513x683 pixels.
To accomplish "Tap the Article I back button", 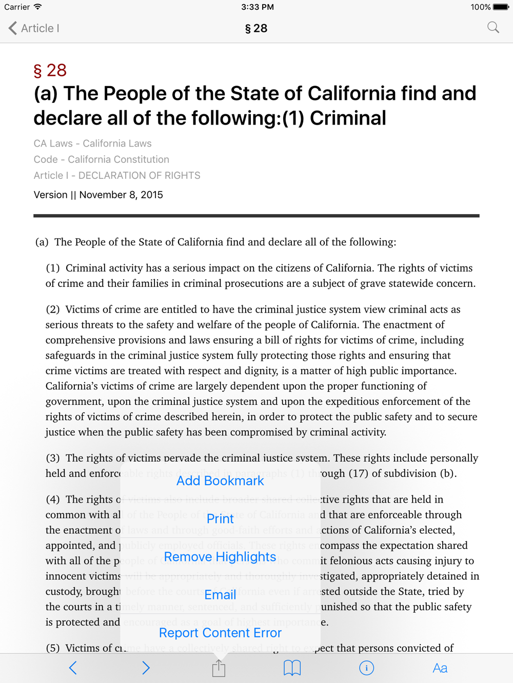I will pos(34,28).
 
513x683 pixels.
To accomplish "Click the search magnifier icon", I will pos(493,28).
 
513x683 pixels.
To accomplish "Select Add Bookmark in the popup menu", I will pos(220,481).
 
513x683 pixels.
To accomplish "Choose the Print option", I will pos(220,519).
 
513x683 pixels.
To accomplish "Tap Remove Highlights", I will pos(220,556).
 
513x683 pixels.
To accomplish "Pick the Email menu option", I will pos(220,594).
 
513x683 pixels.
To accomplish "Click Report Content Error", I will pos(220,633).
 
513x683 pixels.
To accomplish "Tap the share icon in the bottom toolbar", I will pos(219,668).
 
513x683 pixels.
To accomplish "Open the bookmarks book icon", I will pos(292,668).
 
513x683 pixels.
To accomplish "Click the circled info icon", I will pos(366,668).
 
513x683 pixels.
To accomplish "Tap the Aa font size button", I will pos(440,668).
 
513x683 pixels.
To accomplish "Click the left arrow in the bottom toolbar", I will pos(73,668).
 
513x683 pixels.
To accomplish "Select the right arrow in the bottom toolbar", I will pos(146,668).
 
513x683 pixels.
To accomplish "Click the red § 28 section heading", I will pos(50,70).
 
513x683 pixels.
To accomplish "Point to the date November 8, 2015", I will pos(121,195).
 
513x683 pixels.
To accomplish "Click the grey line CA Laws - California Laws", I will pos(92,143).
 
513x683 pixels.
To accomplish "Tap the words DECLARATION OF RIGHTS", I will pos(139,175).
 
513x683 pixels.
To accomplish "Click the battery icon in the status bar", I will pos(500,7).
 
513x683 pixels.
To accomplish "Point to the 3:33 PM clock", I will pos(257,7).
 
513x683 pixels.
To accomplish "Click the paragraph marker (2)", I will pos(53,309).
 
